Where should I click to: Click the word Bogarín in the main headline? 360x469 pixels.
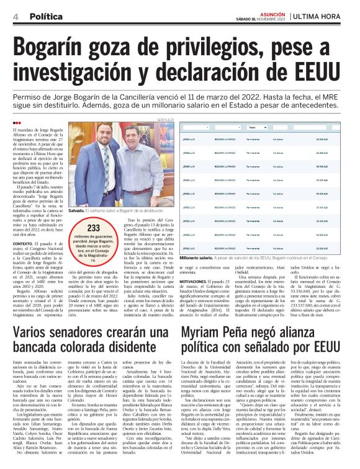tap(57, 47)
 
